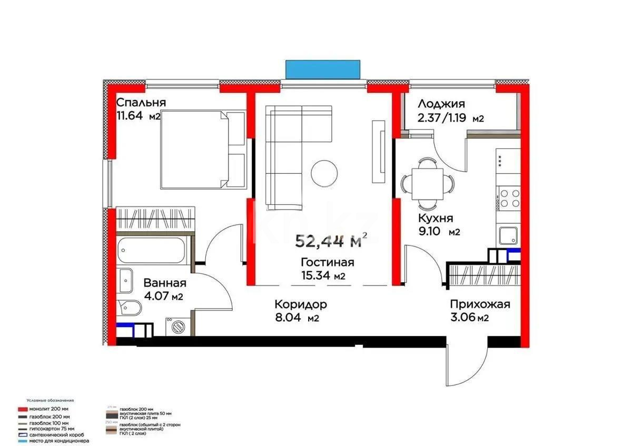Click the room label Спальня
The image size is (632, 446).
[x=141, y=102]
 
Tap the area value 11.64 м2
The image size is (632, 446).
[x=138, y=116]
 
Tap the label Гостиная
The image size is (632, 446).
[x=327, y=262]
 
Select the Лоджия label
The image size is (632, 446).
[x=441, y=104]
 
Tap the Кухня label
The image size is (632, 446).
[x=436, y=218]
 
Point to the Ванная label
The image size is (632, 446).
[x=165, y=283]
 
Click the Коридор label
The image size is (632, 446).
[x=301, y=304]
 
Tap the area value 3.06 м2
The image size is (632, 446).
[x=469, y=318]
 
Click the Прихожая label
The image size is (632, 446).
[x=480, y=304]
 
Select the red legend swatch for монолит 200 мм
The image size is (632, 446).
[x=22, y=409]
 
